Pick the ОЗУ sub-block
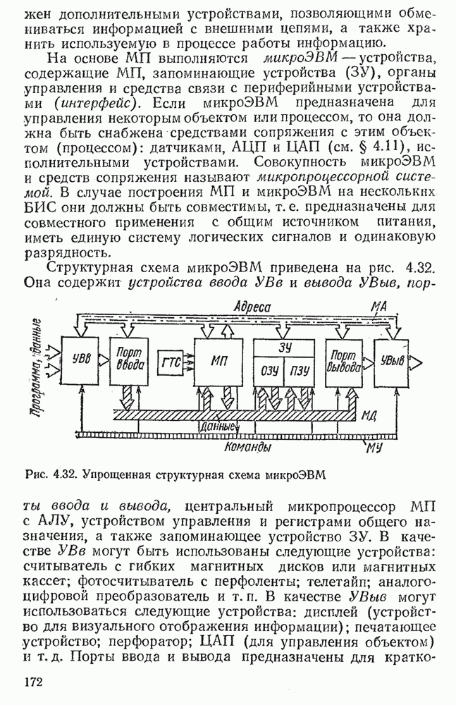pyautogui.click(x=269, y=369)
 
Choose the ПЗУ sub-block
pyautogui.click(x=299, y=369)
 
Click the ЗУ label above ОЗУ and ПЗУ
pyautogui.click(x=285, y=347)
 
